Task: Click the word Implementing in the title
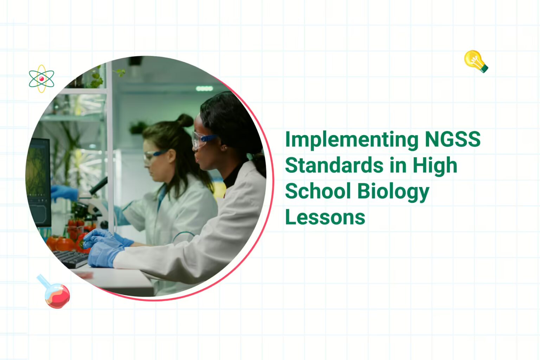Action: pyautogui.click(x=352, y=140)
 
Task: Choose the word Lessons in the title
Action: pyautogui.click(x=325, y=217)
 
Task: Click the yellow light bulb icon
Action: pyautogui.click(x=476, y=61)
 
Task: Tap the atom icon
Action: pyautogui.click(x=41, y=79)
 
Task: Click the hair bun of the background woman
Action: pyautogui.click(x=185, y=120)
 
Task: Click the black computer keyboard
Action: pyautogui.click(x=72, y=259)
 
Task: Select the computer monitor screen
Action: pyautogui.click(x=39, y=179)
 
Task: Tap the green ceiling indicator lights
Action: pyautogui.click(x=204, y=88)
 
